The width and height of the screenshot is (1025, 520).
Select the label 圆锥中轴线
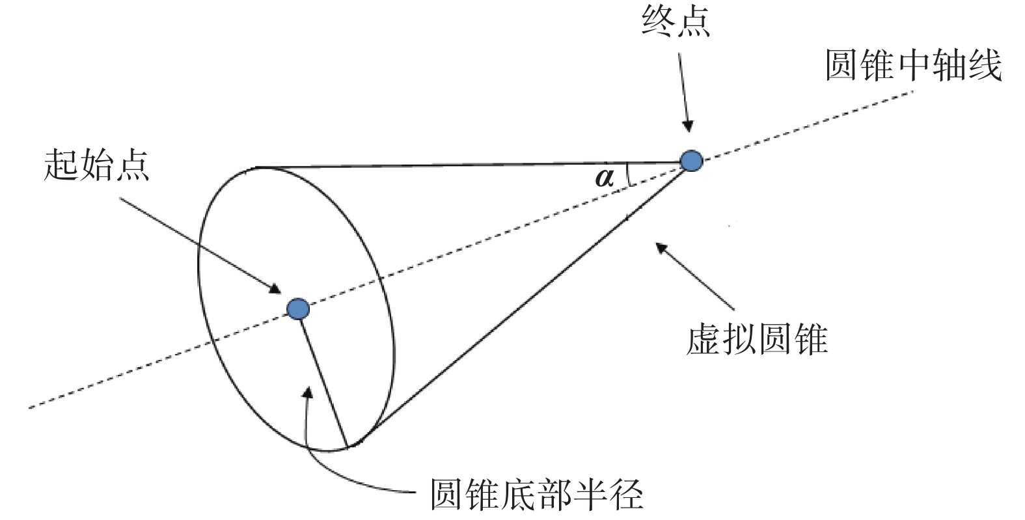pyautogui.click(x=913, y=66)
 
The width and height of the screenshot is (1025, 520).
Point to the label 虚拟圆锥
pyautogui.click(x=756, y=340)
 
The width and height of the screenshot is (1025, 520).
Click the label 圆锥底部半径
pyautogui.click(x=537, y=495)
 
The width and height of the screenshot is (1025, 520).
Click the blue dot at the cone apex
pyautogui.click(x=691, y=160)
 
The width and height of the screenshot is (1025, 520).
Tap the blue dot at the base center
pyautogui.click(x=298, y=308)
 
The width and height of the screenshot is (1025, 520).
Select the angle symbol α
pyautogui.click(x=605, y=177)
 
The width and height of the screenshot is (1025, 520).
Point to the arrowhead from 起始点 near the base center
pyautogui.click(x=275, y=290)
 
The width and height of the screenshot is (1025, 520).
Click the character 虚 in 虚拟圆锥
pyautogui.click(x=704, y=340)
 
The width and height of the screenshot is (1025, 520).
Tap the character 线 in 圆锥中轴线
pyautogui.click(x=984, y=66)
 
